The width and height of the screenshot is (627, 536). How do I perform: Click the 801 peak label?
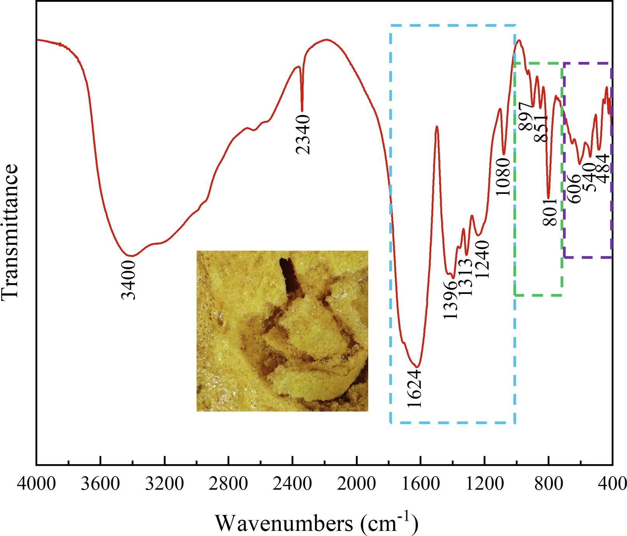(550, 212)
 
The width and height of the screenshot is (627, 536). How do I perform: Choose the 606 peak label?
(573, 188)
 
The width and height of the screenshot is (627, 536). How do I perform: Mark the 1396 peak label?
(451, 300)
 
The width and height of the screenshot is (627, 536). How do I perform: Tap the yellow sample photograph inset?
(282, 331)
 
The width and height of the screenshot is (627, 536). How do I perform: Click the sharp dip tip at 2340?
(302, 111)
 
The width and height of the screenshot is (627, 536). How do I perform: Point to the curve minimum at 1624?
(416, 367)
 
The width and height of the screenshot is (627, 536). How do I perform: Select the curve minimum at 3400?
(132, 256)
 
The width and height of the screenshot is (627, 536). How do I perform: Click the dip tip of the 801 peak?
(548, 198)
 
